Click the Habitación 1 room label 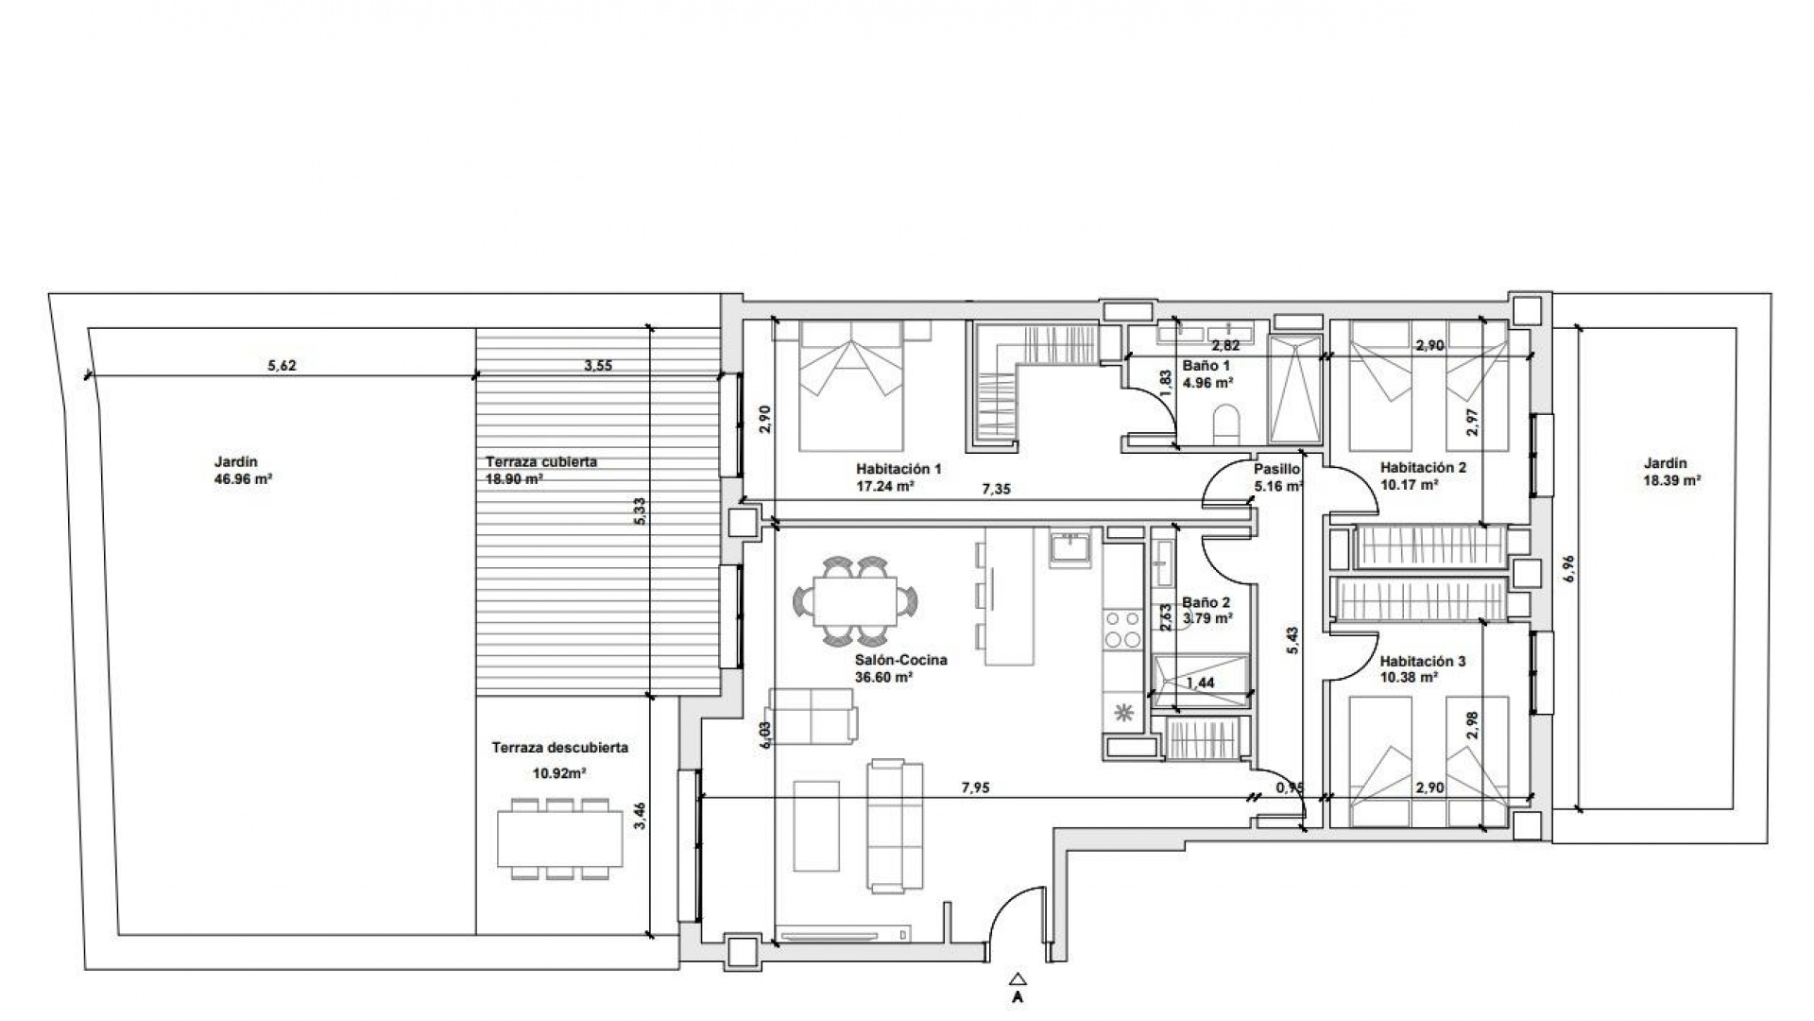coord(898,469)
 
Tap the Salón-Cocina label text coord(900,661)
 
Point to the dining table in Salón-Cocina coord(855,601)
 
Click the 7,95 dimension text coord(975,787)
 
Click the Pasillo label coord(1277,469)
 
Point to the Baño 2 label coord(1206,602)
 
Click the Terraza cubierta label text coord(541,462)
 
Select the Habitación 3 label coord(1422,662)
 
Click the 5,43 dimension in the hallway coord(1292,641)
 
